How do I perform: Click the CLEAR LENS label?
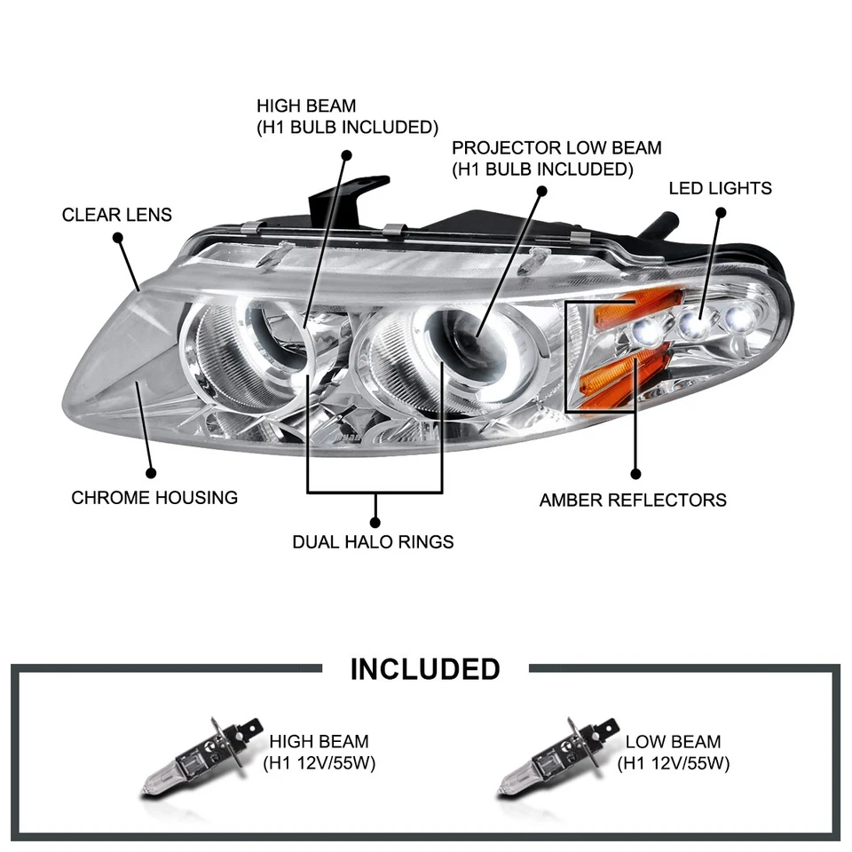(x=117, y=215)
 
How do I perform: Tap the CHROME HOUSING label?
(x=154, y=497)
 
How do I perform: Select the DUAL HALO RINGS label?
(x=373, y=541)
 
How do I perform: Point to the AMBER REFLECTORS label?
(x=633, y=500)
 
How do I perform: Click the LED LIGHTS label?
(x=720, y=188)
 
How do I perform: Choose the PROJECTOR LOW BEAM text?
(x=556, y=148)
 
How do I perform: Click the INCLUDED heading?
(x=425, y=668)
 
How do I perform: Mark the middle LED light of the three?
(x=693, y=325)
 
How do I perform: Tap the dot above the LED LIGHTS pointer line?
(x=721, y=212)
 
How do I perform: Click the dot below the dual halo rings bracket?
(x=375, y=522)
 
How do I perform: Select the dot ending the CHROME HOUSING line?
(x=151, y=475)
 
